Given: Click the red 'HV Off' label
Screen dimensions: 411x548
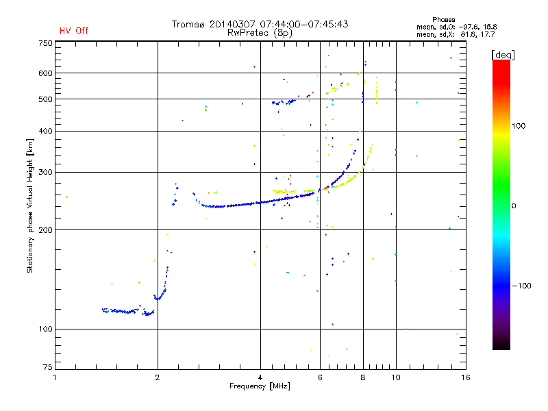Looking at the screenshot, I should coord(73,31).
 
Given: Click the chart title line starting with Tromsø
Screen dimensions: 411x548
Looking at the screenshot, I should coord(260,24).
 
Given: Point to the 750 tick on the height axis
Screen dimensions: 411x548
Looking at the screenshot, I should coord(45,42).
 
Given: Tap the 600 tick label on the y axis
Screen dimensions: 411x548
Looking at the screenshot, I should coord(45,73).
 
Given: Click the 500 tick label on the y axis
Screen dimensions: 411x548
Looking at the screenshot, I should coord(45,99).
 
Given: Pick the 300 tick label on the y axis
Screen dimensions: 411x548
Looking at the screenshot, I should coord(45,172).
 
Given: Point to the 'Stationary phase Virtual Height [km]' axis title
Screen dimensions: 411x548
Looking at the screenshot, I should coord(30,206).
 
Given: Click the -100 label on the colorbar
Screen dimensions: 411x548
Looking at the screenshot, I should coord(522,286).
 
